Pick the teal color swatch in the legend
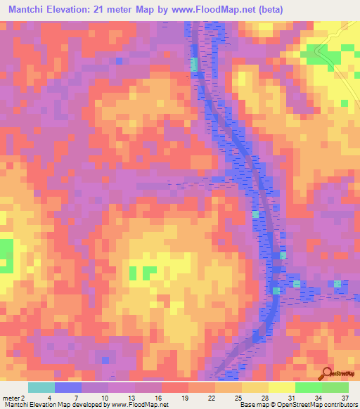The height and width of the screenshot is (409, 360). pos(41,387)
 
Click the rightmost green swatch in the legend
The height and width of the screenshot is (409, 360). pos(335,387)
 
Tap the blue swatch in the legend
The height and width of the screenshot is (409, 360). pos(68,387)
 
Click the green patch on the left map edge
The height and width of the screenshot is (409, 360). pos(6,255)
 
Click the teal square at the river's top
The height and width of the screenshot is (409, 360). pos(194,64)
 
